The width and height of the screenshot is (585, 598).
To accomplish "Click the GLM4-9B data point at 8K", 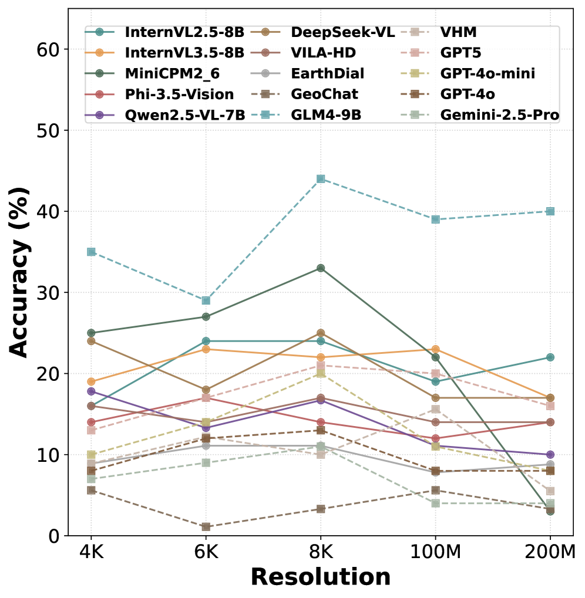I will (x=321, y=179).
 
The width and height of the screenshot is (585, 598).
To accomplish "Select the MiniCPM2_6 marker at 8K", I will (x=321, y=268).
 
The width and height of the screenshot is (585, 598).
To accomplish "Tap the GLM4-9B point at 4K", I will (x=91, y=252).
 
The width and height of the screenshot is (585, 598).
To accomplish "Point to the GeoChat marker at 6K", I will (x=206, y=526).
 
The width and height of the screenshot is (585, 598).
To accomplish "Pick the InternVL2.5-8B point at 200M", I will (x=550, y=357).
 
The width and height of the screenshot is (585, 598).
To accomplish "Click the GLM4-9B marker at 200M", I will (x=550, y=211).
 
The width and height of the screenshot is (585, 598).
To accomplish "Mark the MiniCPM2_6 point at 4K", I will (x=91, y=333).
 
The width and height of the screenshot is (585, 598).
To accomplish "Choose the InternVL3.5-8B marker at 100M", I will (x=435, y=349).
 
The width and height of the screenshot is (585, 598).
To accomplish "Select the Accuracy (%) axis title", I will (x=21, y=272).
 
